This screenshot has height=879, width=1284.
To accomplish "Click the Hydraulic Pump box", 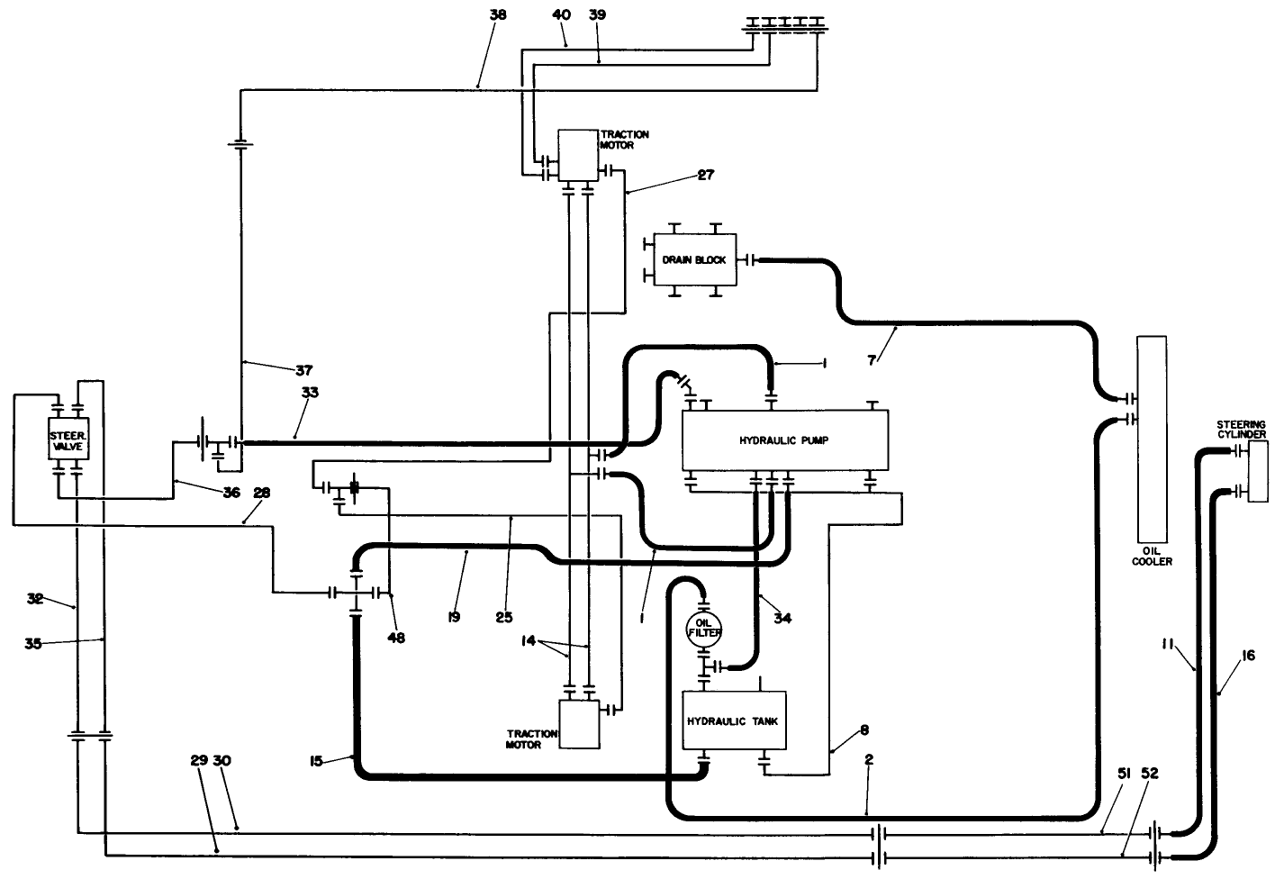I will (784, 440).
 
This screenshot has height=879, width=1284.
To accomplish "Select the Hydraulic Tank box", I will (735, 721).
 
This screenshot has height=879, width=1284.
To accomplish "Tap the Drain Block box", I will (694, 260).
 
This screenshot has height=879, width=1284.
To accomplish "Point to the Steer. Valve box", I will (68, 439).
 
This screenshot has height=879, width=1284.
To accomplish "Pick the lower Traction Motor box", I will (579, 724).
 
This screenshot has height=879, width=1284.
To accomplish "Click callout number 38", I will (498, 15).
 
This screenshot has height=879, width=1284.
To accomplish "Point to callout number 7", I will (872, 360).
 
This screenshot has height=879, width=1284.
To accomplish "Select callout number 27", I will (705, 175).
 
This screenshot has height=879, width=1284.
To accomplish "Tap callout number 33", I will (310, 393).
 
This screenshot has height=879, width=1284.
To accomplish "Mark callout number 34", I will (782, 618).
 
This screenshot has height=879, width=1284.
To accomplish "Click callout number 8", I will (864, 729).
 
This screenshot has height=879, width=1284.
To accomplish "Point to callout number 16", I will (1248, 657).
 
